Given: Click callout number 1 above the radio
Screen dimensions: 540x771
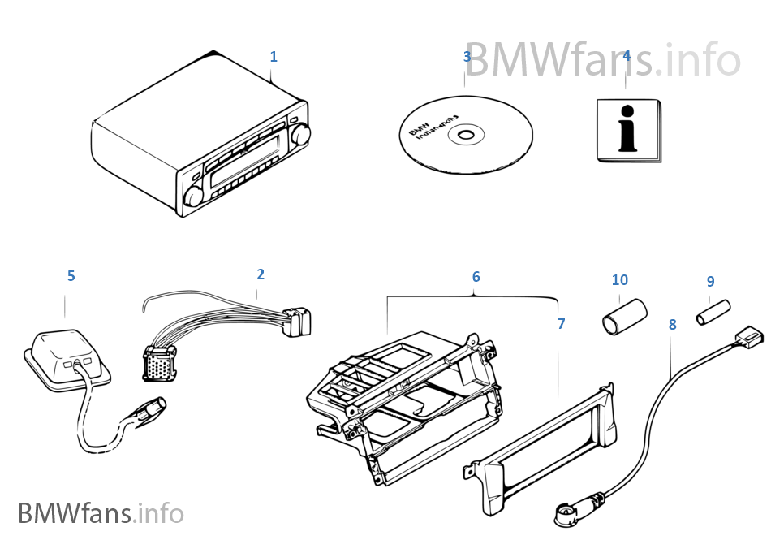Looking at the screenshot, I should point(274,57).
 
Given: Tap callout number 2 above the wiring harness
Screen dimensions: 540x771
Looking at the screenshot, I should point(261,274).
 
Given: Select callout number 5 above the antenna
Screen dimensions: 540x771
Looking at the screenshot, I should point(71,276).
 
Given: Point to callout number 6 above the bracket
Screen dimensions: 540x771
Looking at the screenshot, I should point(476,277).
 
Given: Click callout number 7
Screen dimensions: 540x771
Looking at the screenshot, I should point(561,323).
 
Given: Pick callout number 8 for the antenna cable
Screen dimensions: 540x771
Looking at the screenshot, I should point(672,324).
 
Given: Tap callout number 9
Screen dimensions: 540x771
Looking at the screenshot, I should point(710,282).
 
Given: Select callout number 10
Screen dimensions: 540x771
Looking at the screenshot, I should point(619,280).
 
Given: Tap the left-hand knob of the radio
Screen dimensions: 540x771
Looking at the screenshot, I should point(193,197).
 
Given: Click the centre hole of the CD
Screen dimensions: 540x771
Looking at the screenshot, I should point(466,135).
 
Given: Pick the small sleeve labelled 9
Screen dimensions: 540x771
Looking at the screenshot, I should point(713,313).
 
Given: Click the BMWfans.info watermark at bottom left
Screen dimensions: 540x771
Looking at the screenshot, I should point(101,514).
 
